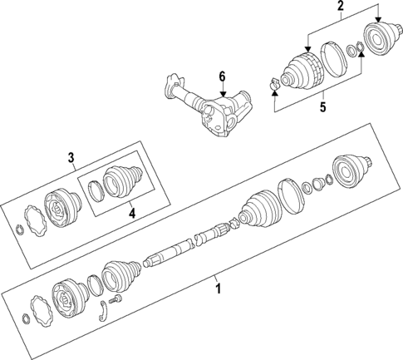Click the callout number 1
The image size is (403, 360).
[219, 288]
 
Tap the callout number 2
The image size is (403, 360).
[340, 9]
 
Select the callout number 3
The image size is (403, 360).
[71, 157]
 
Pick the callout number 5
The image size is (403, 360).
[322, 106]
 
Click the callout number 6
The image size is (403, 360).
[222, 76]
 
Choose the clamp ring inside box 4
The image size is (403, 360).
[96, 191]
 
